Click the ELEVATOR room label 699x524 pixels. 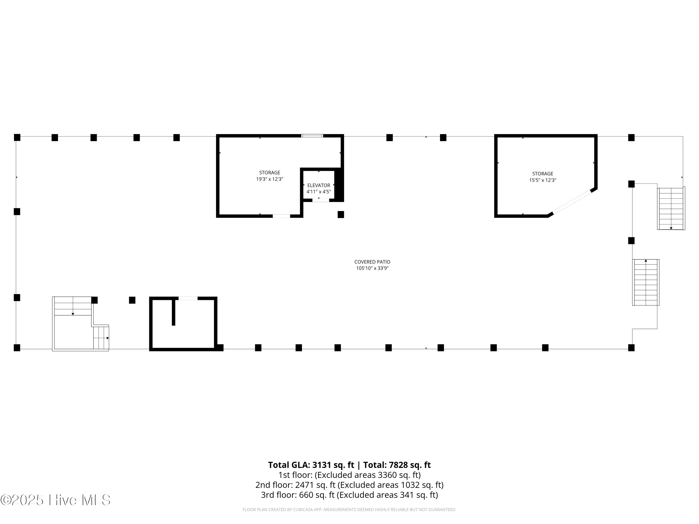click(319, 185)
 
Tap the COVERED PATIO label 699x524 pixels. click(372, 262)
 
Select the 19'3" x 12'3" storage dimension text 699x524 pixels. click(270, 179)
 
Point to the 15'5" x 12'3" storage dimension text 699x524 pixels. click(543, 180)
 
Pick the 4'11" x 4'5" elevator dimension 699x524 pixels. click(319, 192)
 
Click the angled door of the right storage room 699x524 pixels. click(572, 202)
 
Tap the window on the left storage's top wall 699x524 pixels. click(312, 136)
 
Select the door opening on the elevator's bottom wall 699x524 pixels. click(321, 200)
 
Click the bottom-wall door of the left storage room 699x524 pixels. click(281, 216)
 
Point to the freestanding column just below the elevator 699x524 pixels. click(341, 214)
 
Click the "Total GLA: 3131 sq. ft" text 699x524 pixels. click(311, 465)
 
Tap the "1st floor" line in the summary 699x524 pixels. click(349, 475)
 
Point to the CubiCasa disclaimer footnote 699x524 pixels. click(349, 510)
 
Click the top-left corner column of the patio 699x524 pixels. click(17, 137)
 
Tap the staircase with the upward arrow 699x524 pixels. click(646, 282)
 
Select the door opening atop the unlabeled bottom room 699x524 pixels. click(188, 298)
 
